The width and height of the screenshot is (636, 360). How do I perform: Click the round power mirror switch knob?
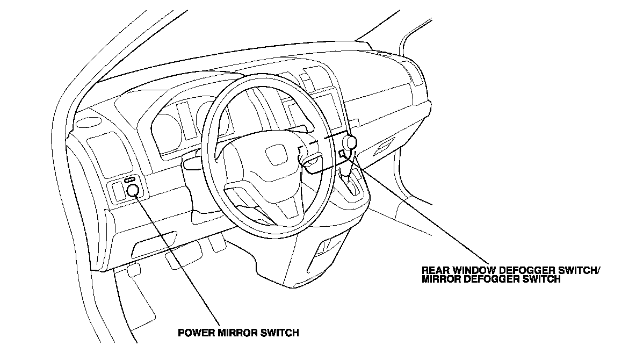132,190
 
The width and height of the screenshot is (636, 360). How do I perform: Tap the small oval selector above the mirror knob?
130,180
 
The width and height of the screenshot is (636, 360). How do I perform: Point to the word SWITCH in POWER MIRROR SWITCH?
280,333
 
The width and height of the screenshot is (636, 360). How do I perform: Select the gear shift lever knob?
350,142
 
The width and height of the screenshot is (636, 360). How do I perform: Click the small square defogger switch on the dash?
342,154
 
